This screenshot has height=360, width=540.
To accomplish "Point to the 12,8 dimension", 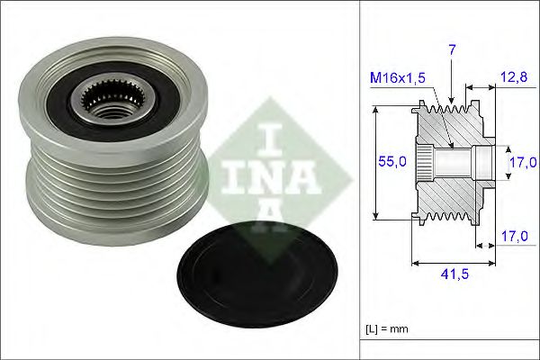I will tap(514, 79).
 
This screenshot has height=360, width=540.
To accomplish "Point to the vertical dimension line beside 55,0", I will tap(374, 162).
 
